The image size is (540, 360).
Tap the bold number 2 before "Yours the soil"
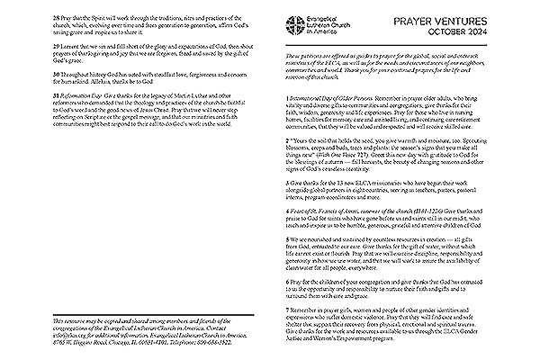click(x=285, y=166)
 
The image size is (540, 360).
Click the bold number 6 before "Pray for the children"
click(x=285, y=307)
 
